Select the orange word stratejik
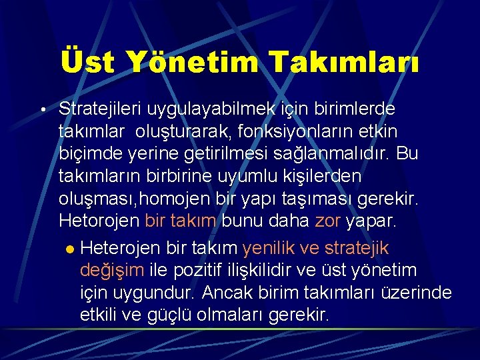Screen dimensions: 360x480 pos(356,248)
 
